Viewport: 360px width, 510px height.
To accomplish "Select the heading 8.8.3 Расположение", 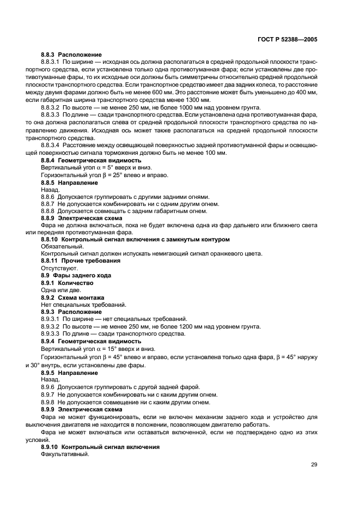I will point(71,55).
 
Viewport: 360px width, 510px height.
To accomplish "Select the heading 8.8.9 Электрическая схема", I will point(82,217).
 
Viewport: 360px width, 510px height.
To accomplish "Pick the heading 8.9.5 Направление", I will point(70,373).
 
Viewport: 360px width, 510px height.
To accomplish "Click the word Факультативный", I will point(64,454).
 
